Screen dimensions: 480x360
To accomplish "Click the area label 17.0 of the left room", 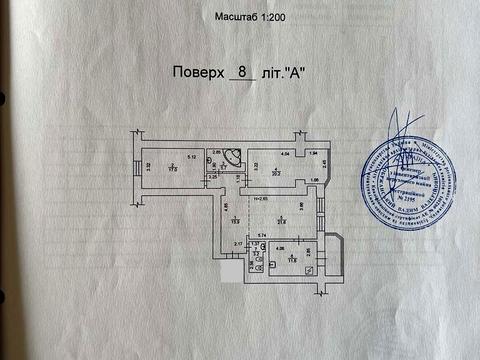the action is pyautogui.click(x=173, y=169).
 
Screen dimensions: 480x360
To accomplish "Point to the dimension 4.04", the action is pyautogui.click(x=284, y=153).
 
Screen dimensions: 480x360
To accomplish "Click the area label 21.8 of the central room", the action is pyautogui.click(x=282, y=221).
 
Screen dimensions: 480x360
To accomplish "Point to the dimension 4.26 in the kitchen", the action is pyautogui.click(x=281, y=248).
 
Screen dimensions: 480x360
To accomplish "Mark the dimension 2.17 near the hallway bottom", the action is pyautogui.click(x=238, y=243).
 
